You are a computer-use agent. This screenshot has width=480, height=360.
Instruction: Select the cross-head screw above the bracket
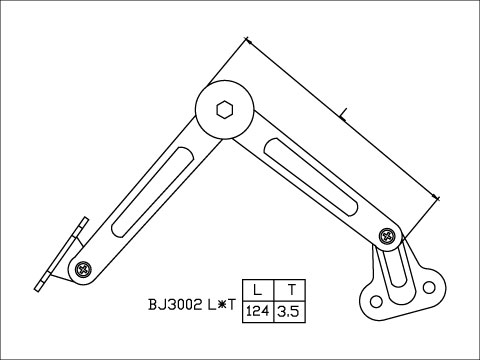(x=388, y=237)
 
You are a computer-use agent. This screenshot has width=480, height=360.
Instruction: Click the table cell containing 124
(x=258, y=311)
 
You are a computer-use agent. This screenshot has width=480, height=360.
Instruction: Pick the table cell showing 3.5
(x=289, y=311)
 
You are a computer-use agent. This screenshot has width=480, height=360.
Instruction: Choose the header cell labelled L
(x=258, y=287)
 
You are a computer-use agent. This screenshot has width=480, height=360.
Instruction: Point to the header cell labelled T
(x=289, y=287)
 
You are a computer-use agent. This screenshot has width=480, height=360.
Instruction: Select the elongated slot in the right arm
(x=309, y=176)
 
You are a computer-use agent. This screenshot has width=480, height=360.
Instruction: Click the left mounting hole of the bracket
(x=375, y=300)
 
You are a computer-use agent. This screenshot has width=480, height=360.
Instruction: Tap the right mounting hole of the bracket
(x=431, y=289)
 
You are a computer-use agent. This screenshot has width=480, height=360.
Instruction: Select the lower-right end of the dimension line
(x=440, y=199)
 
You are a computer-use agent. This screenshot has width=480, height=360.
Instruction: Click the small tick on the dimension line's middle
(x=343, y=115)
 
